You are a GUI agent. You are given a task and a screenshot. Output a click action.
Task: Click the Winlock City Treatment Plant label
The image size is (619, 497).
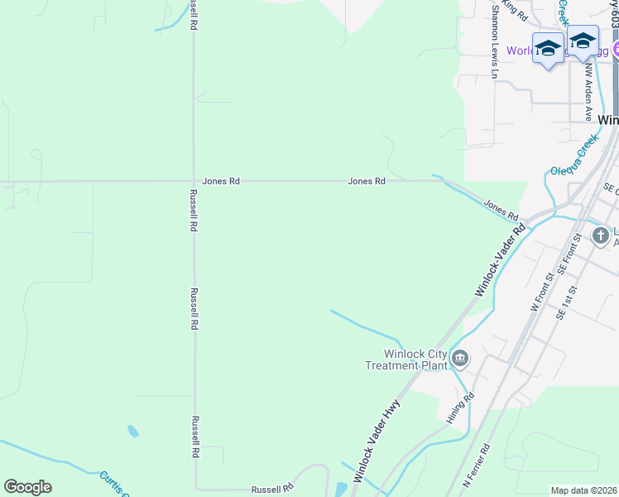tap(405, 359)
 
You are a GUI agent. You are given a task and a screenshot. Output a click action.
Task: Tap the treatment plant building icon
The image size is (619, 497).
tap(460, 359)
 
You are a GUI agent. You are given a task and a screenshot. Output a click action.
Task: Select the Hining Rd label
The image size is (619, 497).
tap(461, 408)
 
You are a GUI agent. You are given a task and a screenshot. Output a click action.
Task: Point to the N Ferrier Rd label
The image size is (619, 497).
tap(477, 465)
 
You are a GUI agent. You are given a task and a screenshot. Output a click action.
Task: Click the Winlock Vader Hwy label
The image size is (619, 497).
tap(377, 444)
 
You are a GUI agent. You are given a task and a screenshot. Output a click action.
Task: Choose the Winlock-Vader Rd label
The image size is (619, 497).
tap(500, 261)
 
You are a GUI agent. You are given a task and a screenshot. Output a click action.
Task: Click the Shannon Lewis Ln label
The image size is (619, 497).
tap(496, 41)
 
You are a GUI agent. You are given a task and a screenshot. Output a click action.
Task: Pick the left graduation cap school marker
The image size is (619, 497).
tap(548, 48)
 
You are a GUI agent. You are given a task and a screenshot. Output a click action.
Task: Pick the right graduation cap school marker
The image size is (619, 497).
tap(583, 41)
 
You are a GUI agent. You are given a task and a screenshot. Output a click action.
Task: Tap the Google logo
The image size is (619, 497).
tap(27, 487)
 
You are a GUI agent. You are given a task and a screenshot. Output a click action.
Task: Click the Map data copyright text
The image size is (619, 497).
tap(584, 490)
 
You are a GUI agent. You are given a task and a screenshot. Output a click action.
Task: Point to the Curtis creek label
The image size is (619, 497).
tap(113, 483)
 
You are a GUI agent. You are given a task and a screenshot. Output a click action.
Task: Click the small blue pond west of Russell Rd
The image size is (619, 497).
tap(132, 431)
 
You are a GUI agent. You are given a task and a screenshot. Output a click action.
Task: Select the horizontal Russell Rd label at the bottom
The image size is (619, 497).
tap(272, 489)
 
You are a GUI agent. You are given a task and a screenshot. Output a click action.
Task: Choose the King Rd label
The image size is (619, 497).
tap(515, 10)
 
